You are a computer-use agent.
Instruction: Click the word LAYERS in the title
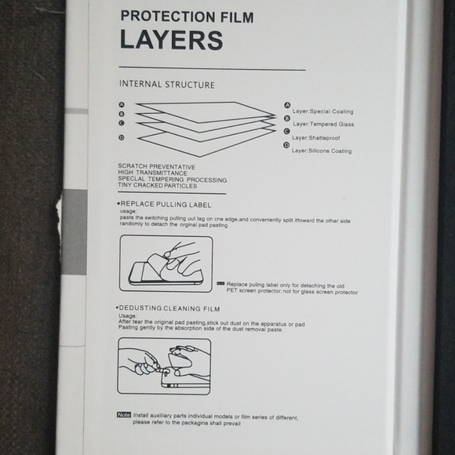click(x=171, y=39)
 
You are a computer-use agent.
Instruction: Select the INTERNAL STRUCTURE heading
click(x=166, y=84)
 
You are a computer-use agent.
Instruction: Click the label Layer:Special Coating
click(x=322, y=111)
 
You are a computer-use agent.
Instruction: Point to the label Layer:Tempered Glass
click(x=323, y=124)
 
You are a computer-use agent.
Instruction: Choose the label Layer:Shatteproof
click(x=317, y=137)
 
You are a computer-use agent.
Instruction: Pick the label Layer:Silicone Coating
click(x=322, y=151)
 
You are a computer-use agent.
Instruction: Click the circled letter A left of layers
click(x=122, y=104)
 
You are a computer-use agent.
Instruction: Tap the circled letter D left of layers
click(x=121, y=138)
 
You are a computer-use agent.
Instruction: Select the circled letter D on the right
click(x=287, y=145)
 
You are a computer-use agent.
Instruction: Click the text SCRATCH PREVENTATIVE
click(x=156, y=167)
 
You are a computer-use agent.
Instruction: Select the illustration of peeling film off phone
click(x=166, y=264)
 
